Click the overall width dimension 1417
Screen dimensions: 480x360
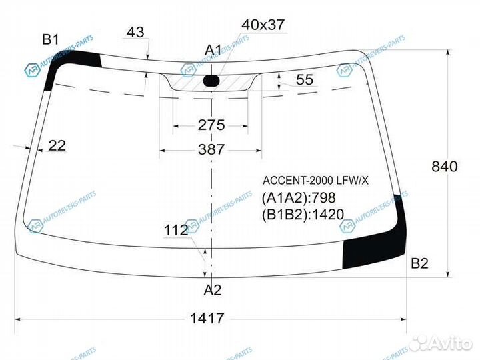[x=207, y=318]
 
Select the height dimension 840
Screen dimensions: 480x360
[x=445, y=167]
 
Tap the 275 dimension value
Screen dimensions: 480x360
[x=211, y=125]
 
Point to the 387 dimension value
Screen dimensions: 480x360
[x=211, y=149]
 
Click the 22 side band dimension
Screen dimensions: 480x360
[x=57, y=145]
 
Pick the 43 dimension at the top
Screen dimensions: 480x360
[x=135, y=32]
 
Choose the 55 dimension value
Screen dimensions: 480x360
[x=305, y=79]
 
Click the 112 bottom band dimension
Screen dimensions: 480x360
[x=176, y=230]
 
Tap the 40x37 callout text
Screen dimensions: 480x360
[x=263, y=25]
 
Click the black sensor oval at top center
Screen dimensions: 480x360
[x=211, y=81]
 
